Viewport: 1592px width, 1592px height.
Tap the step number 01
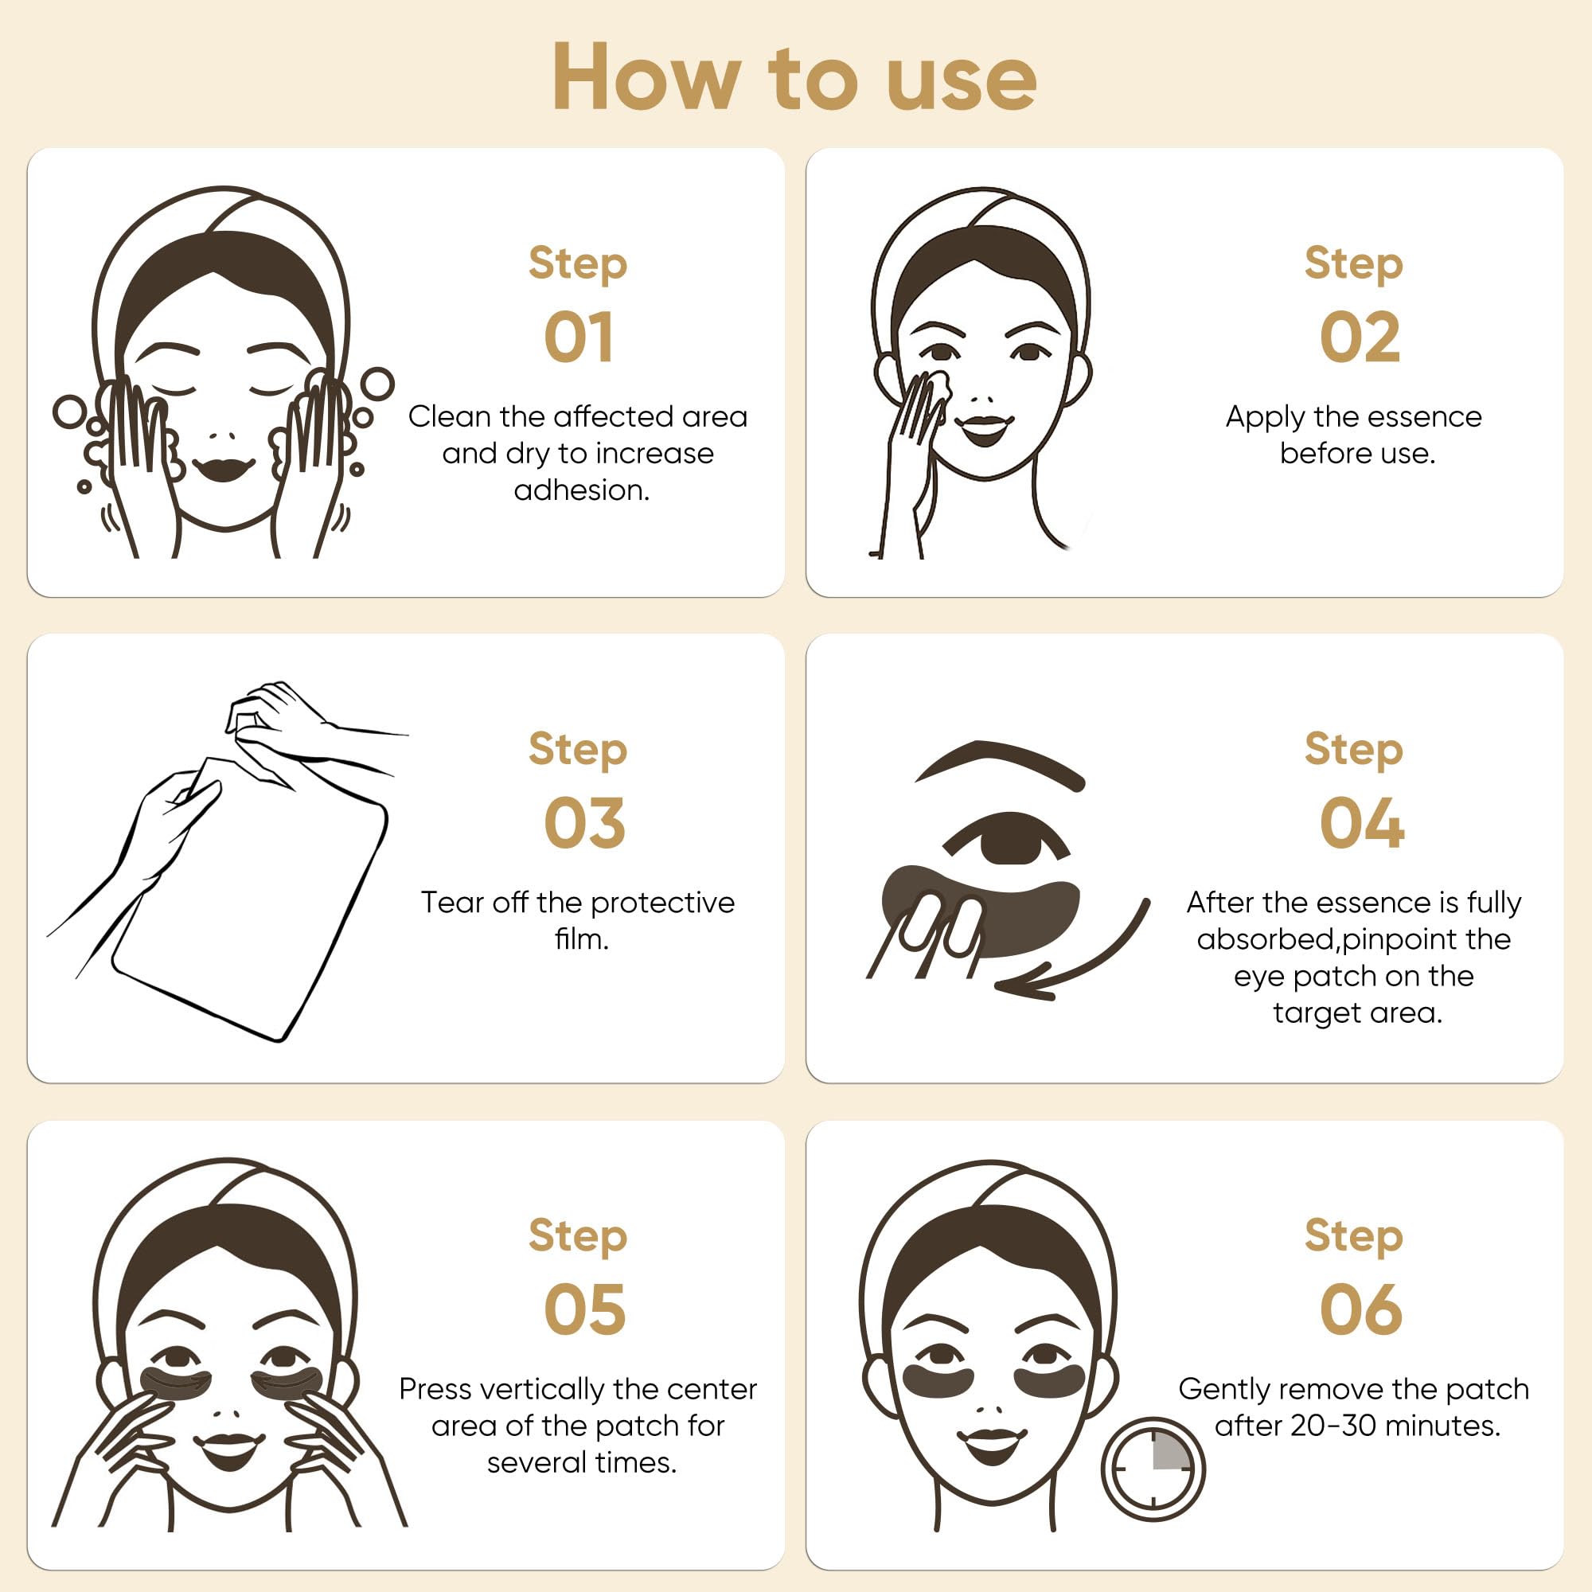pyautogui.click(x=579, y=338)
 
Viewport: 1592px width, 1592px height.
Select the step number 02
pyautogui.click(x=1360, y=338)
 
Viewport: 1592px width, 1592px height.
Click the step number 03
pyautogui.click(x=584, y=823)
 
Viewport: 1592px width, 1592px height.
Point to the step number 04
pyautogui.click(x=1361, y=823)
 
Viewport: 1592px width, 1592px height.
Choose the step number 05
pyautogui.click(x=584, y=1309)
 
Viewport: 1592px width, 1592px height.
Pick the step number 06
pyautogui.click(x=1360, y=1309)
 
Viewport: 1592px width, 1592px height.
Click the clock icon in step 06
pyautogui.click(x=1152, y=1469)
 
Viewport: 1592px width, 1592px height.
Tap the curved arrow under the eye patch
pyautogui.click(x=1087, y=956)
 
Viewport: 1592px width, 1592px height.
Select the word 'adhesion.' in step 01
pyautogui.click(x=582, y=490)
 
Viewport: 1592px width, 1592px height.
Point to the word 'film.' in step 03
pyautogui.click(x=582, y=939)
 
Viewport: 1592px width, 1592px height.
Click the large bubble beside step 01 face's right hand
pyautogui.click(x=377, y=384)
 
